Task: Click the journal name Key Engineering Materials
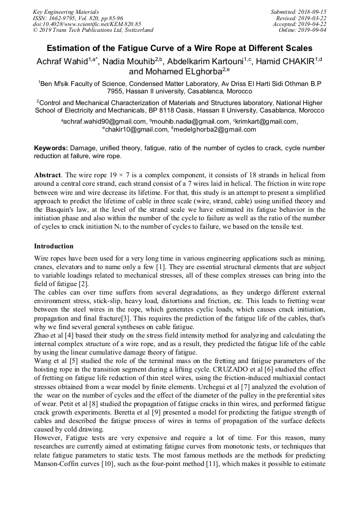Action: (x=65, y=11)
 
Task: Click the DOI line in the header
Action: (x=87, y=24)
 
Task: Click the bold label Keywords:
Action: (x=51, y=148)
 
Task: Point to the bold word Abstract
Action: (x=47, y=175)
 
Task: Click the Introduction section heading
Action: (x=54, y=246)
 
